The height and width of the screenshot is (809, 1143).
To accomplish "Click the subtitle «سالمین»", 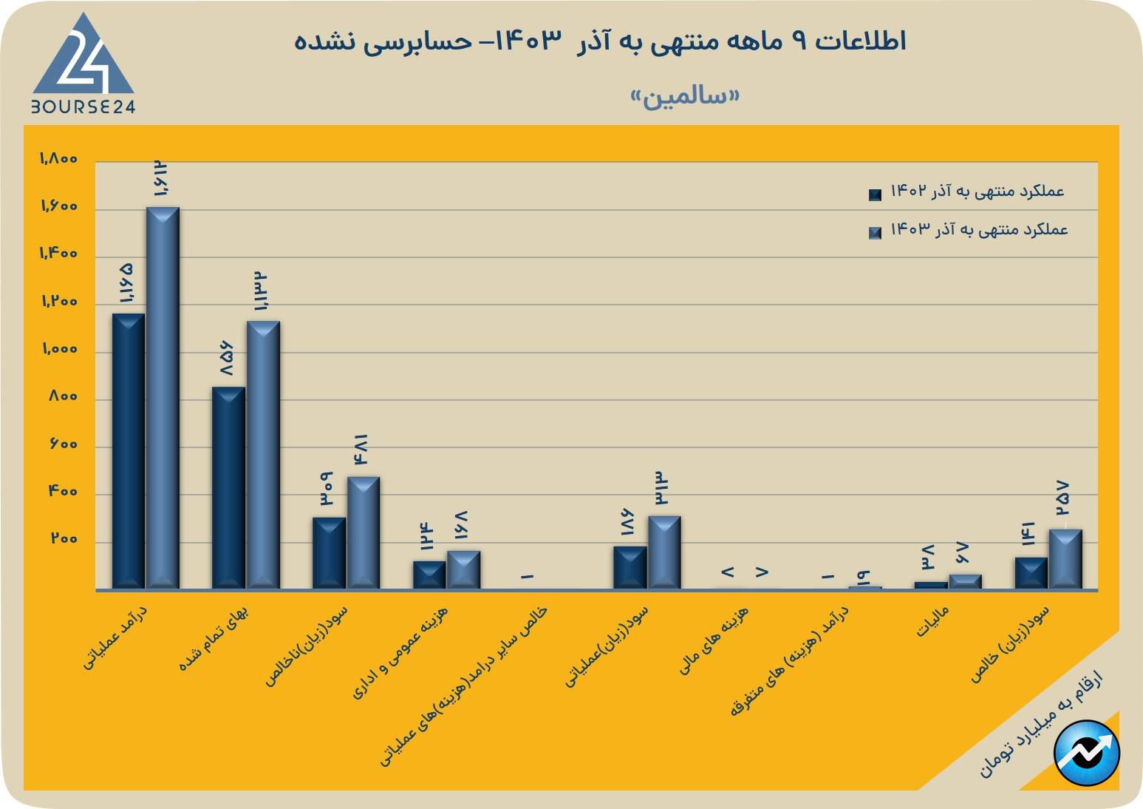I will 684,97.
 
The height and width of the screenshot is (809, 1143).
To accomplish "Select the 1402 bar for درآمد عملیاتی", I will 128,451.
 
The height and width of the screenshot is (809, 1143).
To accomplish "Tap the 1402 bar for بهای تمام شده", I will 228,488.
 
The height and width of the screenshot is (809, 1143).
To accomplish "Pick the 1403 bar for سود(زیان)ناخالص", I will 364,532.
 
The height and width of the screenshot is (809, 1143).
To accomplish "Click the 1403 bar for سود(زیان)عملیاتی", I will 664,552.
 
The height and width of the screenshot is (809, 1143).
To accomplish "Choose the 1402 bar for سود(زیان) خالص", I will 1031,573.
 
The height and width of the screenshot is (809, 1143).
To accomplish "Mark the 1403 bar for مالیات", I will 965,582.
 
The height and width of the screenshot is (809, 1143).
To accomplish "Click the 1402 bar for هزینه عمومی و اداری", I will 429,575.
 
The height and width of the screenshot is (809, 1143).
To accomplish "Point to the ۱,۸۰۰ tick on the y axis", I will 58,159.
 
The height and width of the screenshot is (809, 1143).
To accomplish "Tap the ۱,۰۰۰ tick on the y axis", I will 59,349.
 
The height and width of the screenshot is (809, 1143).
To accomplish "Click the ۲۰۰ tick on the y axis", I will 64,539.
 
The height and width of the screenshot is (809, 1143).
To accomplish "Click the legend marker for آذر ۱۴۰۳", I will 876,233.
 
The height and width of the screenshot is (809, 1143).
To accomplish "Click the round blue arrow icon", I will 1087,752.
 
